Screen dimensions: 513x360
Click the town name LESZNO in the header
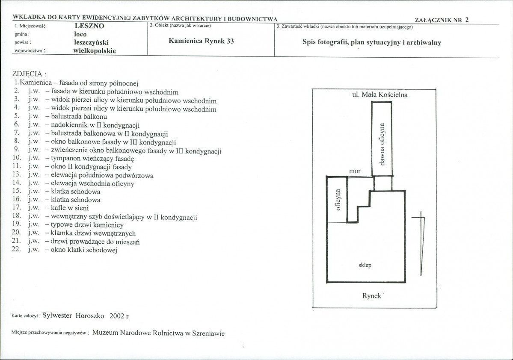click(x=89, y=26)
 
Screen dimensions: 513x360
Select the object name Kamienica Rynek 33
click(x=201, y=41)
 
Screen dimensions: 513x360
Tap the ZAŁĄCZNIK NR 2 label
click(x=442, y=20)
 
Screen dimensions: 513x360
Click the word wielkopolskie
click(x=95, y=51)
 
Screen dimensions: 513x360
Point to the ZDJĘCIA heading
click(x=29, y=74)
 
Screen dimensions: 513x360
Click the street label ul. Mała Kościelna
click(x=380, y=95)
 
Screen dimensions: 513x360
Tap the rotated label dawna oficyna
click(x=382, y=144)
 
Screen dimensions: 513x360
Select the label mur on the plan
click(x=355, y=171)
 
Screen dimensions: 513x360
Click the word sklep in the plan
click(x=365, y=265)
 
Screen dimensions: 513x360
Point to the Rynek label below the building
click(x=372, y=296)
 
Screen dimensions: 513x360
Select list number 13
click(x=17, y=175)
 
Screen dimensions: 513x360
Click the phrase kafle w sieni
click(x=70, y=208)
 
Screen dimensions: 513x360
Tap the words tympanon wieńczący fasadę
click(x=92, y=159)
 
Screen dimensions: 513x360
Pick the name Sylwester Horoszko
click(x=73, y=316)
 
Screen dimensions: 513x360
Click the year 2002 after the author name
click(x=117, y=316)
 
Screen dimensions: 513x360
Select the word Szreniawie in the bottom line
click(x=208, y=333)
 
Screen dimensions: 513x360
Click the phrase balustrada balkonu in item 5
click(x=79, y=117)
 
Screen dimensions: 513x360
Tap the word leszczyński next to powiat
click(x=91, y=43)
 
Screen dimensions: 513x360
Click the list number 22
click(x=16, y=249)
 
